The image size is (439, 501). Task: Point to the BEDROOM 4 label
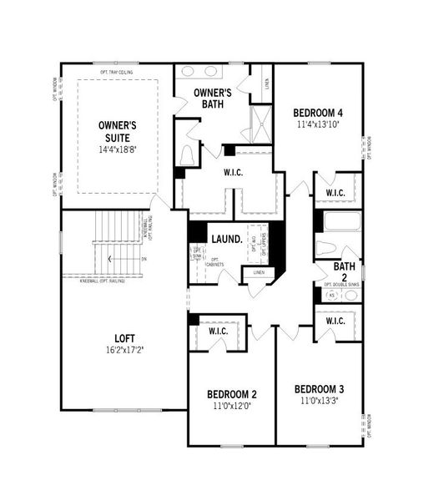click(318, 113)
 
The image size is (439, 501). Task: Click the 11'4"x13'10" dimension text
click(318, 125)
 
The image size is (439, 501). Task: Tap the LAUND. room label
click(227, 239)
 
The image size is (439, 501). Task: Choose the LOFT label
click(125, 339)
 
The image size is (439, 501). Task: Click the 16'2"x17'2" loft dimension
click(125, 352)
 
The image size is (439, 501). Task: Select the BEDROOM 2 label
click(231, 394)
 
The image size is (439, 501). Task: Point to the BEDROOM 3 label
click(319, 389)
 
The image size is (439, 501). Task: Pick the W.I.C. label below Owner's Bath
click(233, 173)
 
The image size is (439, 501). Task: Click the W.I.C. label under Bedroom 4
click(336, 193)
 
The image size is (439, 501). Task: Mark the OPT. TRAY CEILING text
click(116, 73)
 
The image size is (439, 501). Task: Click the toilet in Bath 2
click(328, 248)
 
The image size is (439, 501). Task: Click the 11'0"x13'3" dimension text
click(319, 402)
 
